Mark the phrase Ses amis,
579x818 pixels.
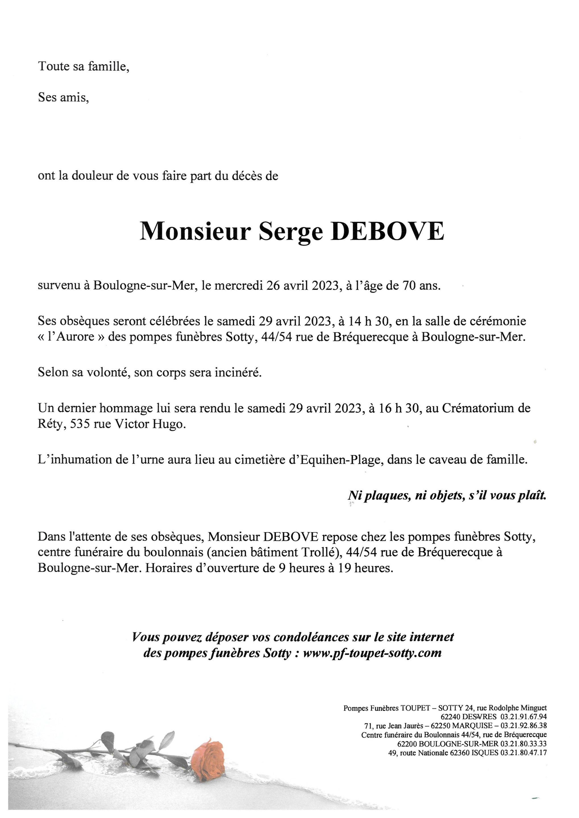[x=63, y=97]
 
